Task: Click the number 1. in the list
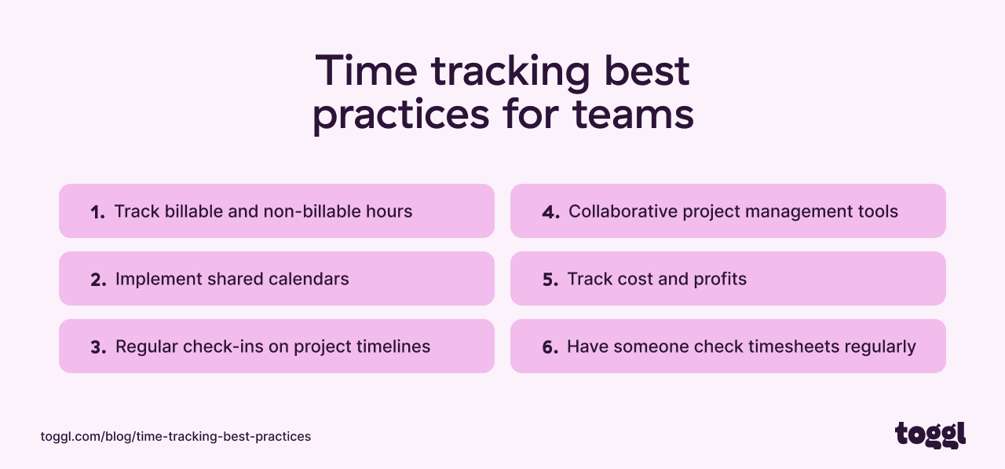97,212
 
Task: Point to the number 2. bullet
98,280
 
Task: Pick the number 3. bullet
98,347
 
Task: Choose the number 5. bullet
550,280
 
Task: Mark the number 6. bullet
550,347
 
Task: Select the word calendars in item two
309,279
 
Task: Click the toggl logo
930,434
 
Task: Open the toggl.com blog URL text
176,436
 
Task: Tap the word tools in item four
877,211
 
